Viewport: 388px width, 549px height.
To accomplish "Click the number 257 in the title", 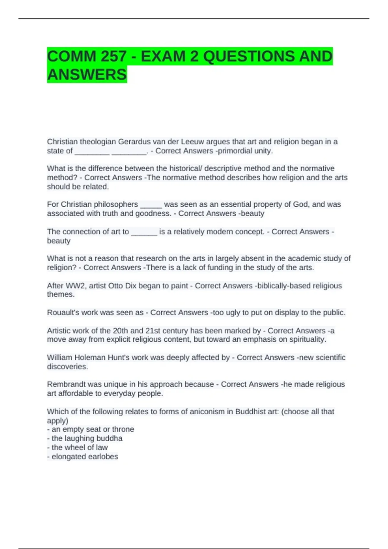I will [113, 57].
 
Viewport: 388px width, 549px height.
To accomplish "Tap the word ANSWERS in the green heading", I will [87, 75].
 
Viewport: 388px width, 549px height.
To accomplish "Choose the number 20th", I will [121, 331].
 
